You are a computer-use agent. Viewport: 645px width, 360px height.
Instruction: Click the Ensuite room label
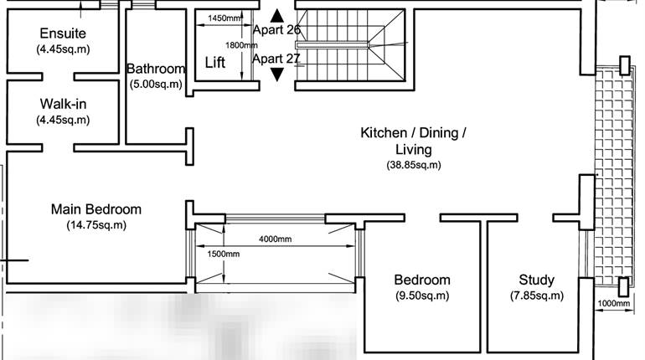63,33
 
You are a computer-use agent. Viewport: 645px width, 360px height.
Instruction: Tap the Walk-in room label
63,104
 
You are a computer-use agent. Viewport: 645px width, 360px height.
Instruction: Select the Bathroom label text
155,69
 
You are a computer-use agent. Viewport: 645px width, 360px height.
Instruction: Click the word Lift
215,63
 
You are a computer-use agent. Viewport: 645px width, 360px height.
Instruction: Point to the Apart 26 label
276,30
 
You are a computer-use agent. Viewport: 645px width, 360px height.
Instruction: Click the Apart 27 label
276,59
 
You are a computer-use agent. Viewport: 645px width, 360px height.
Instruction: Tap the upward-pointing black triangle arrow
277,15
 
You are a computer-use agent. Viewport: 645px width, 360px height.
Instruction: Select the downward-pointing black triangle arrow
277,75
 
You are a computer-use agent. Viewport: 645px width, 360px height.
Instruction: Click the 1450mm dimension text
224,18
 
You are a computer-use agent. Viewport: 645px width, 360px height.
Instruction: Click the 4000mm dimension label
275,239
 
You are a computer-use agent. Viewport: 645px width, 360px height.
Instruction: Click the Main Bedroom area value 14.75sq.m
95,225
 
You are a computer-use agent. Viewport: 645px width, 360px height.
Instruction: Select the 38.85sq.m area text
413,165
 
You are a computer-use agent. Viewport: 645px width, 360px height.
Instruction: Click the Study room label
536,280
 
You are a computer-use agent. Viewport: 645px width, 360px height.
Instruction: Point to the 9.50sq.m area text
422,296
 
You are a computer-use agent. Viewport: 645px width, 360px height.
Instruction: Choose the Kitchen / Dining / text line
413,133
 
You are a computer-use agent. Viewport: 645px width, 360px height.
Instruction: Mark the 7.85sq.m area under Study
536,296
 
